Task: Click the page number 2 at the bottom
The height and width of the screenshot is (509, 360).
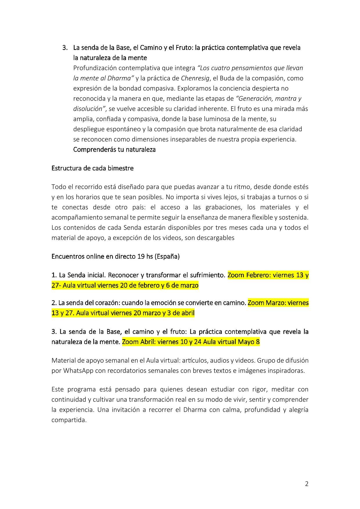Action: [x=307, y=484]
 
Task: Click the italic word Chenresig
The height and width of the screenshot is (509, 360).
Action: [x=195, y=78]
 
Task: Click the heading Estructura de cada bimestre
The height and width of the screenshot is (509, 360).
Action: [x=92, y=168]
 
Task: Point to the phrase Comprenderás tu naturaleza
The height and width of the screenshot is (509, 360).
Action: [x=114, y=150]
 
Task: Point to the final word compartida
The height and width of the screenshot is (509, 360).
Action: [x=69, y=420]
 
